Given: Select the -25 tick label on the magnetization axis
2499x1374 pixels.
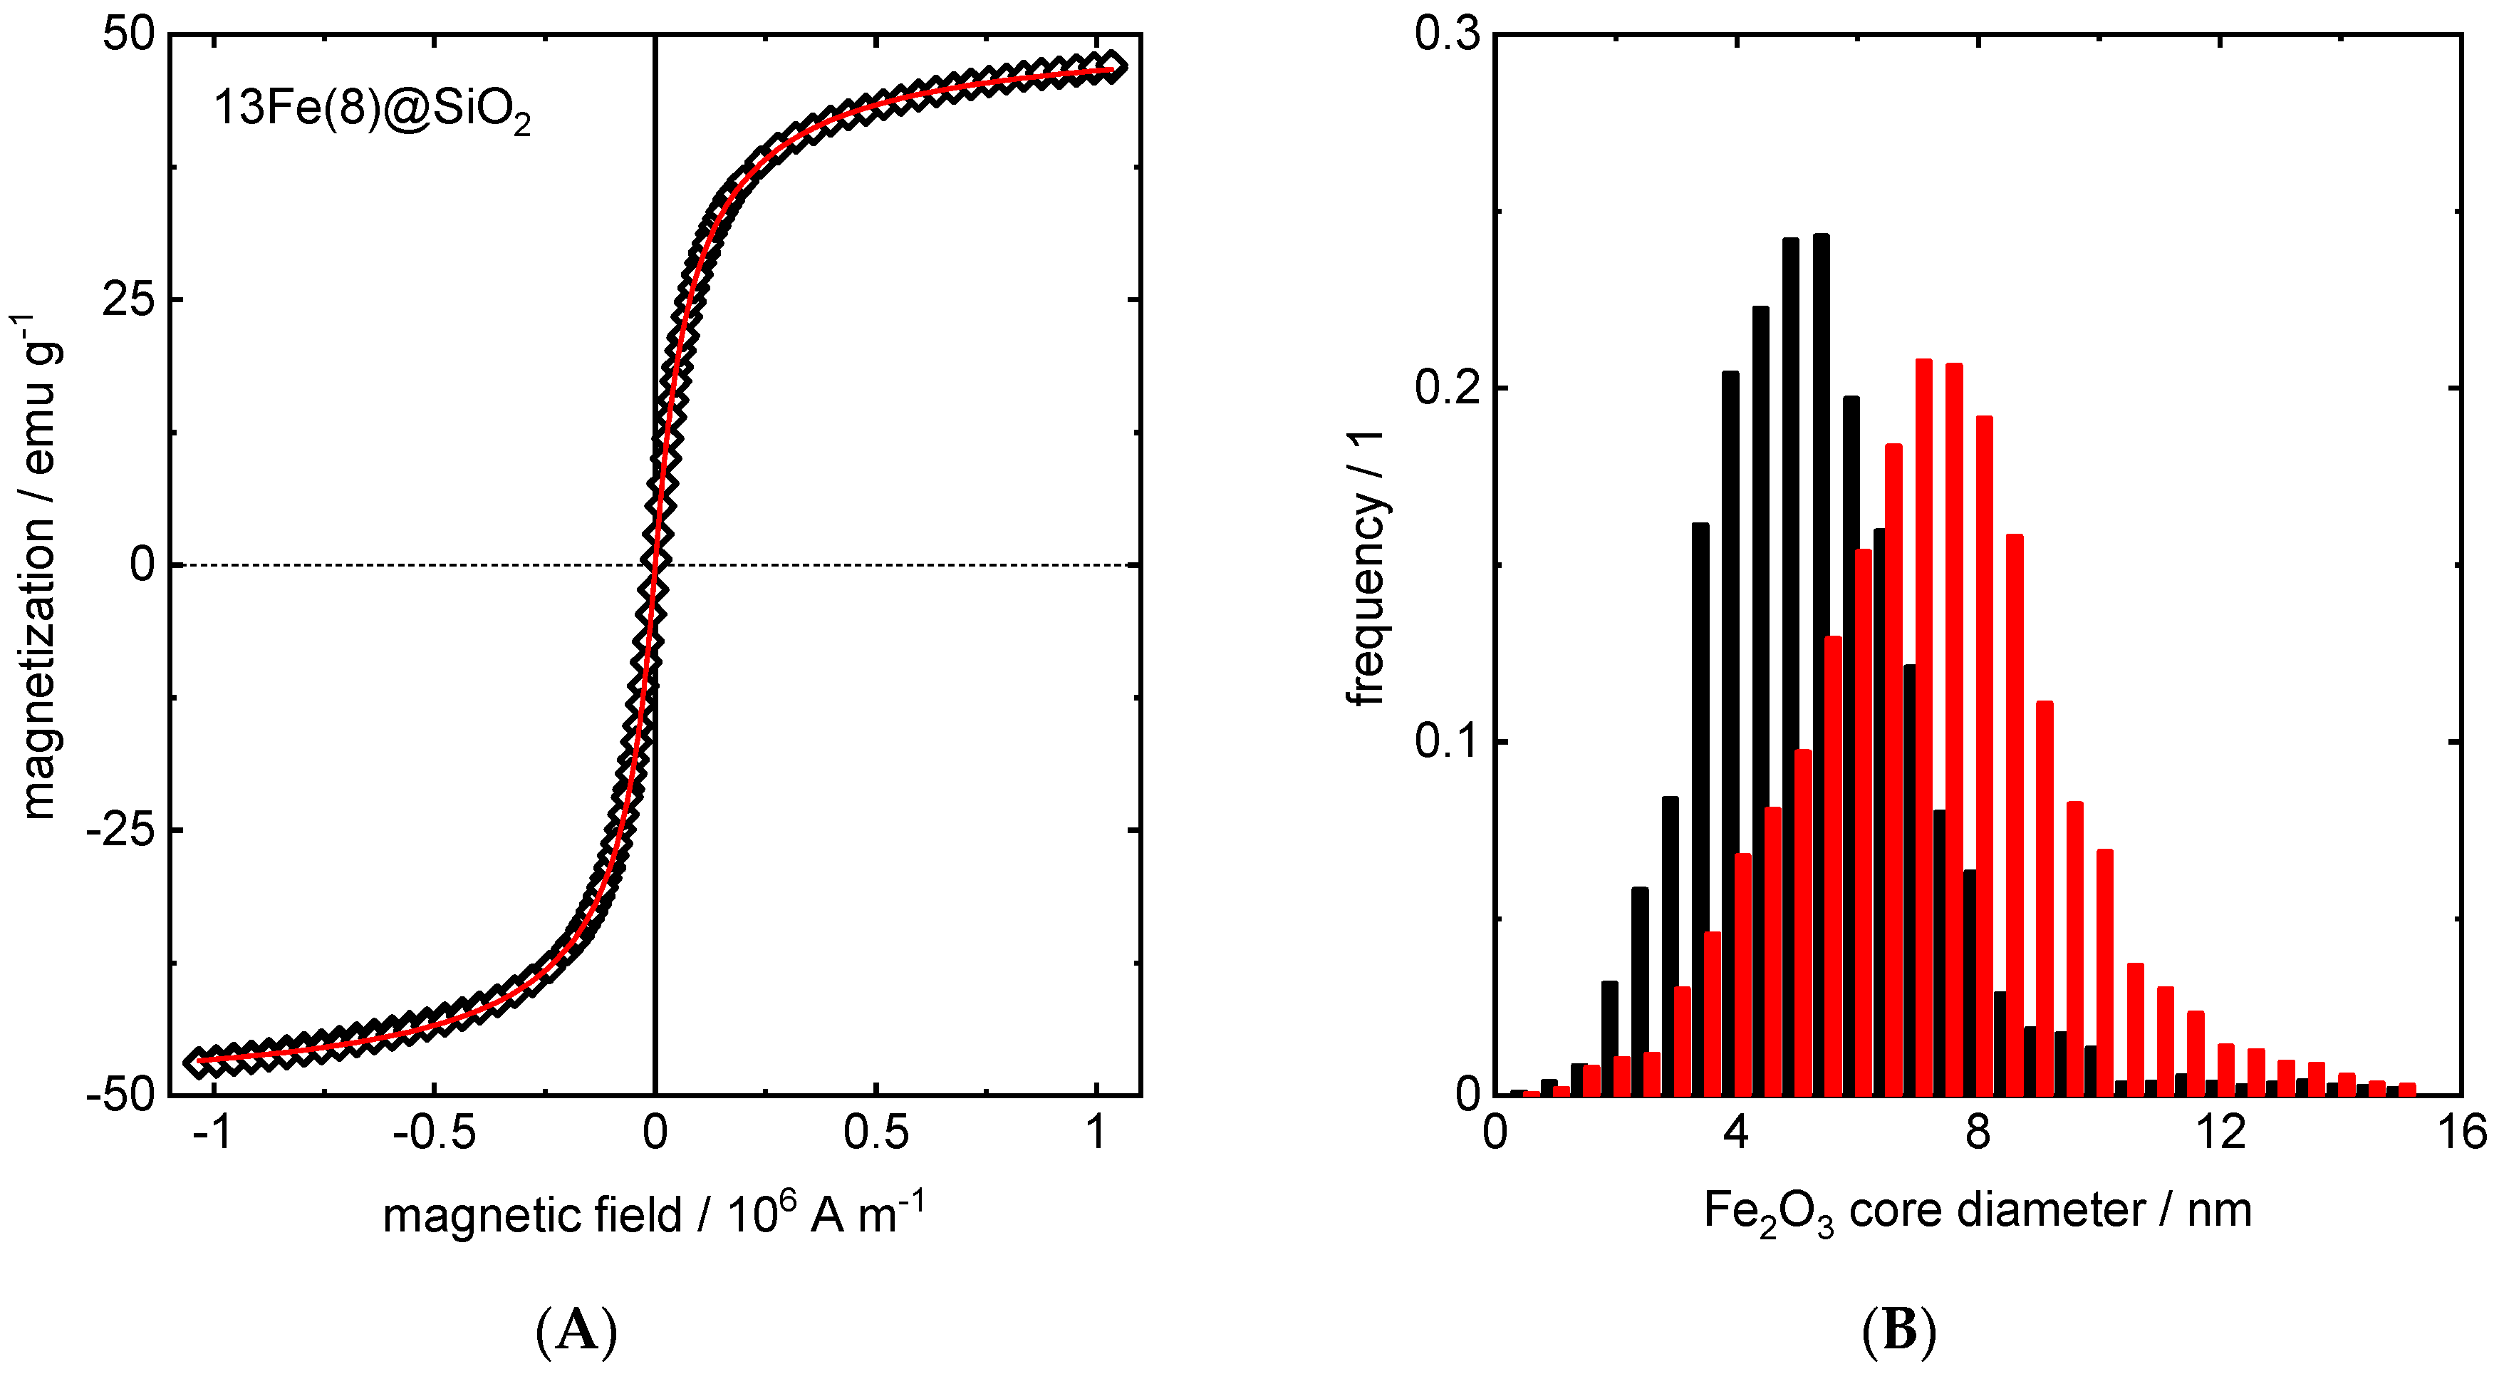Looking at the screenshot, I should [x=120, y=831].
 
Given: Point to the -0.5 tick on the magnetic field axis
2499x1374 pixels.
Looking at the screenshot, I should [x=434, y=1132].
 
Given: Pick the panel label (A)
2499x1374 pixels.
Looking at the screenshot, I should [x=576, y=1331].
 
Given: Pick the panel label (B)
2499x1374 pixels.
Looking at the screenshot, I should [x=1899, y=1331].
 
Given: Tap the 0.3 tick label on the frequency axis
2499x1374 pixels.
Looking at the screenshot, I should [x=1446, y=36].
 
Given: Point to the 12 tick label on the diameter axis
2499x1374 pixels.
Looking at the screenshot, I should [x=2220, y=1132].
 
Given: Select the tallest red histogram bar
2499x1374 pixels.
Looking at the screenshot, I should [x=1923, y=728].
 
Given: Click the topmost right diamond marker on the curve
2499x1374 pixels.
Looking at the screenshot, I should [x=1112, y=66].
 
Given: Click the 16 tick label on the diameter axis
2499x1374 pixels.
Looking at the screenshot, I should [x=2461, y=1132].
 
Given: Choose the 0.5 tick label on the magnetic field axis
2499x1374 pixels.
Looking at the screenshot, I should [x=876, y=1132].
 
